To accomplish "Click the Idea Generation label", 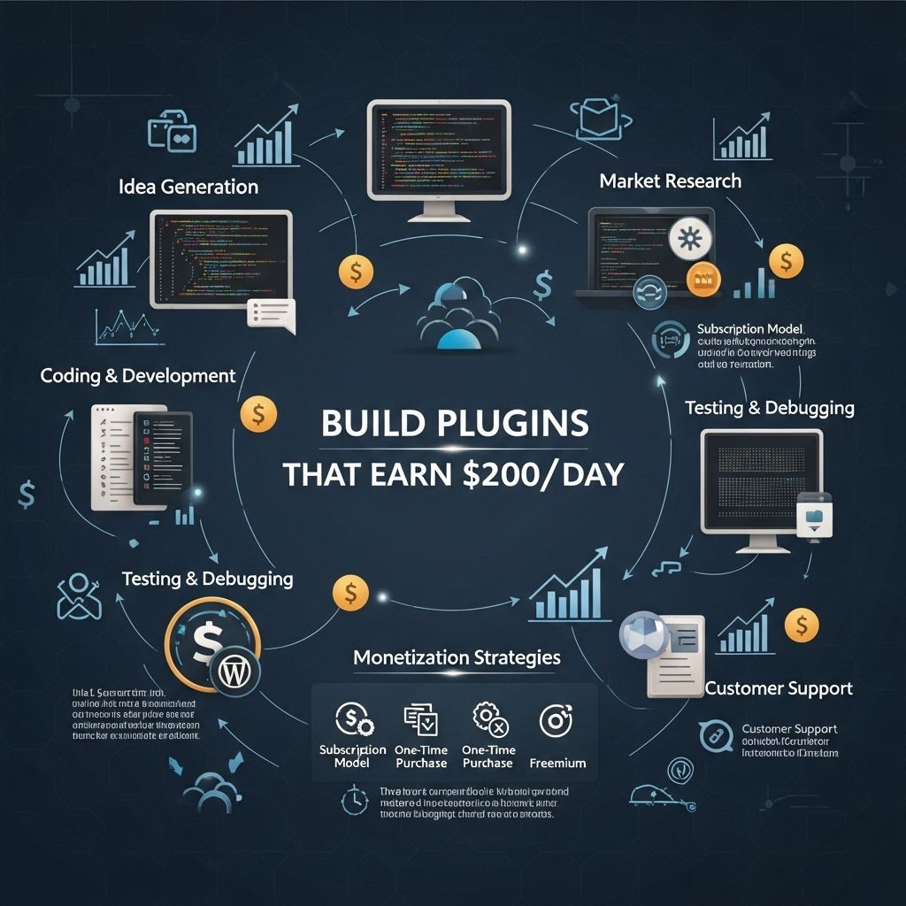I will (188, 187).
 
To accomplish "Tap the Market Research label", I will (670, 180).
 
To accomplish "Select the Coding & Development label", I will (138, 375).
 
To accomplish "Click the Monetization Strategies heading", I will (457, 657).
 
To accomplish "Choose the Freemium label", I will (557, 762).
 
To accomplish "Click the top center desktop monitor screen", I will (440, 150).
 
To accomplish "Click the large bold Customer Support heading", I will (779, 687).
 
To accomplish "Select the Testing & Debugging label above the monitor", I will (770, 408).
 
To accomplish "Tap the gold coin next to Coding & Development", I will (258, 412).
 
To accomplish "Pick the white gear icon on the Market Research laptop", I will (687, 240).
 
